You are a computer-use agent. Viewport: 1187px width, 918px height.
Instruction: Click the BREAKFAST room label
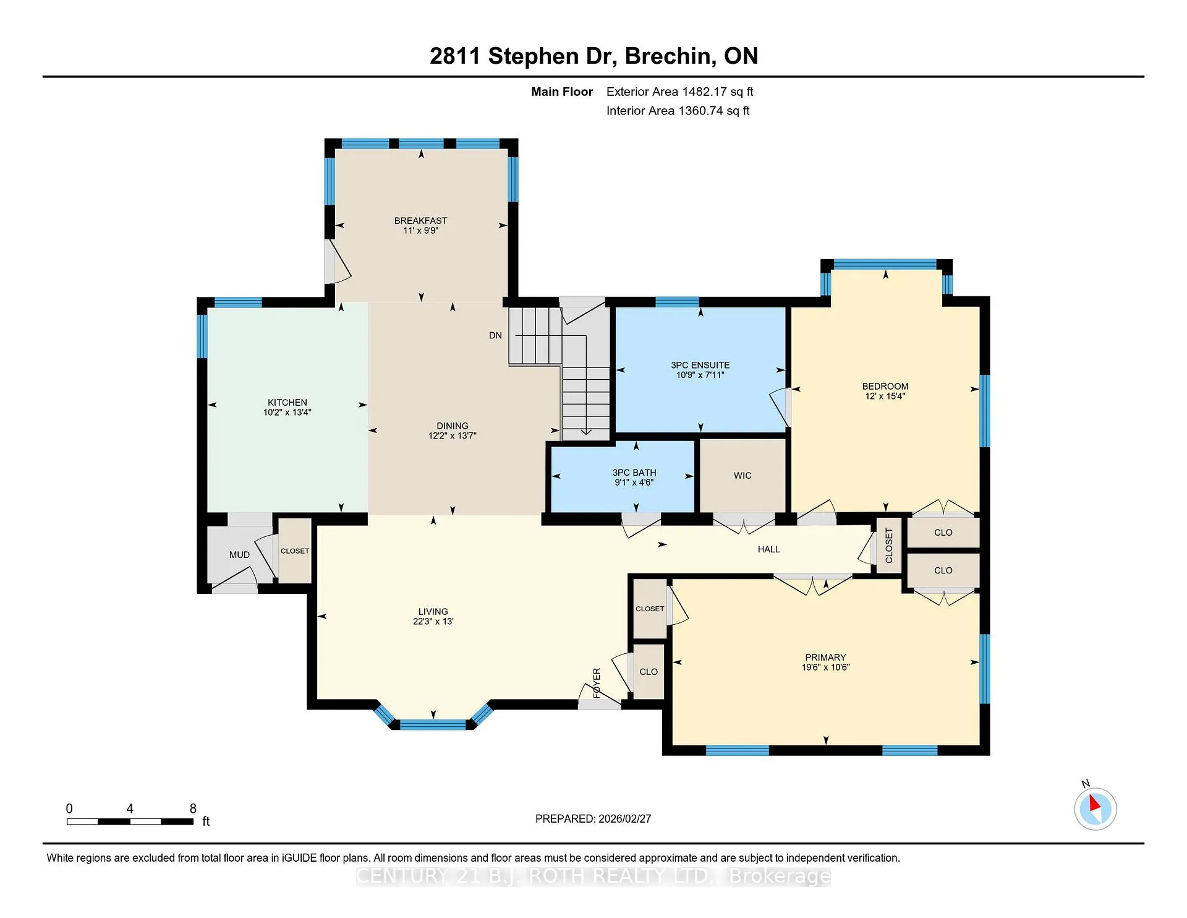click(x=420, y=221)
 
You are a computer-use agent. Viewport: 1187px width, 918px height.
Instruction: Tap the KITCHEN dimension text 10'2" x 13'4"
click(x=287, y=413)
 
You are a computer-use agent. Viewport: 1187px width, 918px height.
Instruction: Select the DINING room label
click(x=453, y=426)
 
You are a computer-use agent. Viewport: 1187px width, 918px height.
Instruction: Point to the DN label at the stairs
click(x=495, y=335)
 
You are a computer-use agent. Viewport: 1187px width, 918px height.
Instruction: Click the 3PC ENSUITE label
click(x=700, y=366)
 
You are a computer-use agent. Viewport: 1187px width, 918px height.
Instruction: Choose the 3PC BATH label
click(x=634, y=473)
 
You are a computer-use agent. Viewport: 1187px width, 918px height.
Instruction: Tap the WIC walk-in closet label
click(x=742, y=476)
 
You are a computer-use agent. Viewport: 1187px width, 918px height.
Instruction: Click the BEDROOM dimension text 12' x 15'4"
click(x=885, y=397)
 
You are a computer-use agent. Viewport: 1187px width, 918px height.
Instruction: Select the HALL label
click(x=768, y=549)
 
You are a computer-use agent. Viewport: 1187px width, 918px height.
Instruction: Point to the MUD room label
click(x=239, y=555)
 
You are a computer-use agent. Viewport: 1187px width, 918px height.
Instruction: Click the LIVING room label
click(x=433, y=612)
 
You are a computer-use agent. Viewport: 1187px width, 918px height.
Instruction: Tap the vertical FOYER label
click(x=597, y=683)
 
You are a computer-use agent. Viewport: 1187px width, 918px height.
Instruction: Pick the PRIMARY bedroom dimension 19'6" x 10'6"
click(x=825, y=667)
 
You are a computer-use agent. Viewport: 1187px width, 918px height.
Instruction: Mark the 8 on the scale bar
click(x=193, y=809)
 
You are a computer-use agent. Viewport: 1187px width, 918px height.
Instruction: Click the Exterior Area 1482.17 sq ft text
click(x=679, y=92)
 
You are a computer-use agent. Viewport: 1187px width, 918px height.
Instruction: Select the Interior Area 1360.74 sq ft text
click(x=678, y=111)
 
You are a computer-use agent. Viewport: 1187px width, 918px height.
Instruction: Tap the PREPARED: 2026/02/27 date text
click(x=593, y=819)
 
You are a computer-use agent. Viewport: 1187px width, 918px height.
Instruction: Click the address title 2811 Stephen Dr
click(x=523, y=56)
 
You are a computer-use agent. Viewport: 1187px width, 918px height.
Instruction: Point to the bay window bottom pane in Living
click(x=433, y=725)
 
